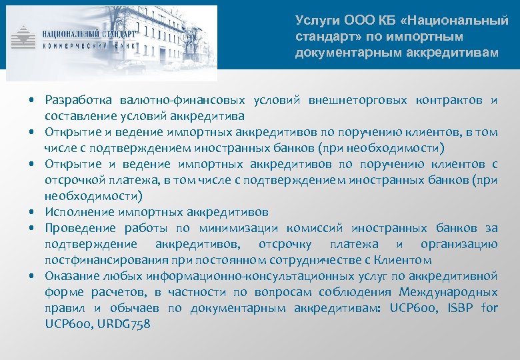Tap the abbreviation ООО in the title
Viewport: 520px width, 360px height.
pos(354,21)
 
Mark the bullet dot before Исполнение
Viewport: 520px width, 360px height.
pos(32,212)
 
